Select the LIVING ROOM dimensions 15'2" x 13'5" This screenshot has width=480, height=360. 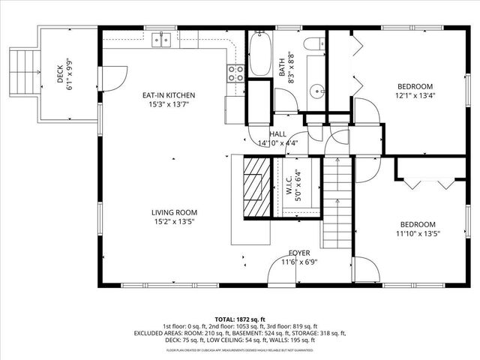172,221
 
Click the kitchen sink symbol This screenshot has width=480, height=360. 163,40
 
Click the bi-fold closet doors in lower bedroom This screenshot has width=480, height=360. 427,180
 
